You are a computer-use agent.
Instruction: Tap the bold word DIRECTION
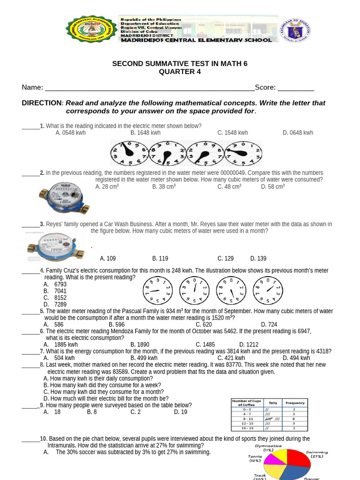tap(42, 103)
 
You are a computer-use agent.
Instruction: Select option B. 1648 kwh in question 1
tap(145, 133)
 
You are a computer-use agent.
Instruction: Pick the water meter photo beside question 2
tap(63, 198)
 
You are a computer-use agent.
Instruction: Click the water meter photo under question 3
tap(54, 246)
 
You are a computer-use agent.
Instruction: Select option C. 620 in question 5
tap(204, 324)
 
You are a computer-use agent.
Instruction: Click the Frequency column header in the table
tap(295, 403)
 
